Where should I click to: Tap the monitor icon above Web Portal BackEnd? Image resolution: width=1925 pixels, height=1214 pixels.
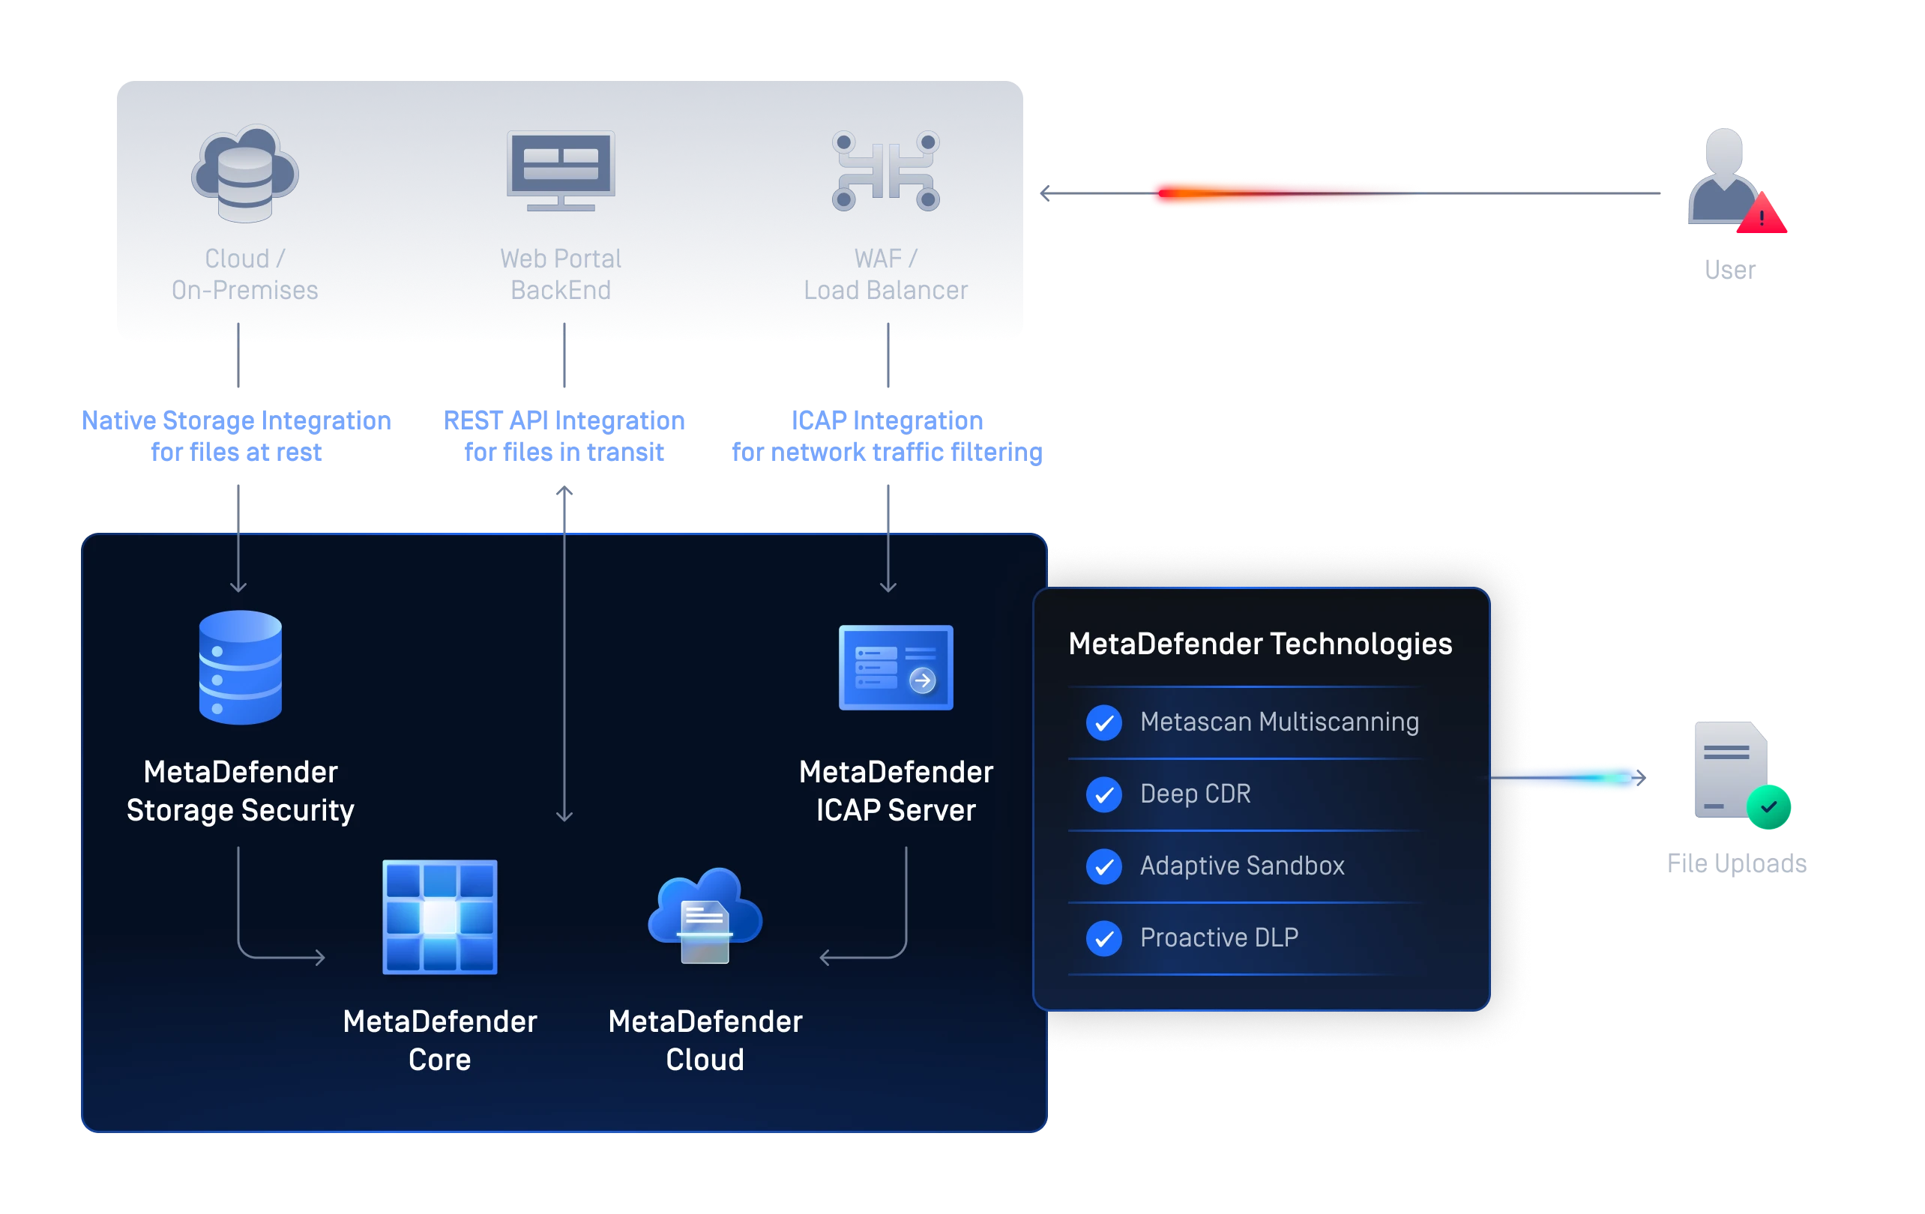pos(561,169)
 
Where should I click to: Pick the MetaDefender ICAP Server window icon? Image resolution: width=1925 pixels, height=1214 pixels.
pos(895,668)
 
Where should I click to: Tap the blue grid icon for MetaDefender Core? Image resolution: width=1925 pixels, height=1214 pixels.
pos(440,916)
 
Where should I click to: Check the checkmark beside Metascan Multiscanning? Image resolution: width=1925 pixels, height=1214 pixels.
pos(1104,722)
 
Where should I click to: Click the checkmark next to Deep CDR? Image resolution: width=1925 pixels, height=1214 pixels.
pos(1104,794)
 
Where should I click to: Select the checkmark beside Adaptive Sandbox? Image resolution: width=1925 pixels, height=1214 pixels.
pos(1104,866)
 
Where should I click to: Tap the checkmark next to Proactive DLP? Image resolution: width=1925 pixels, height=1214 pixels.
pos(1104,938)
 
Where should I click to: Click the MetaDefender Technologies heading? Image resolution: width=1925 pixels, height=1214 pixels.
pos(1260,644)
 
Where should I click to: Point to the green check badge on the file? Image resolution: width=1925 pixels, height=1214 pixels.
pos(1768,807)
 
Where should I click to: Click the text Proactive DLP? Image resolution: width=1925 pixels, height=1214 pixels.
pos(1218,937)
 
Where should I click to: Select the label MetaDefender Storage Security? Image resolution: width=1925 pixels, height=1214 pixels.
pos(240,791)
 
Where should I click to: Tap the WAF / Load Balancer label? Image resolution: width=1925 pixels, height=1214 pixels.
pos(886,274)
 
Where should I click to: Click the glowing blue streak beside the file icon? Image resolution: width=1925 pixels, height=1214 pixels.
pos(1567,778)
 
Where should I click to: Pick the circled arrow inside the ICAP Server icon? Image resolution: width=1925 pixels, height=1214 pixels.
pos(923,680)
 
